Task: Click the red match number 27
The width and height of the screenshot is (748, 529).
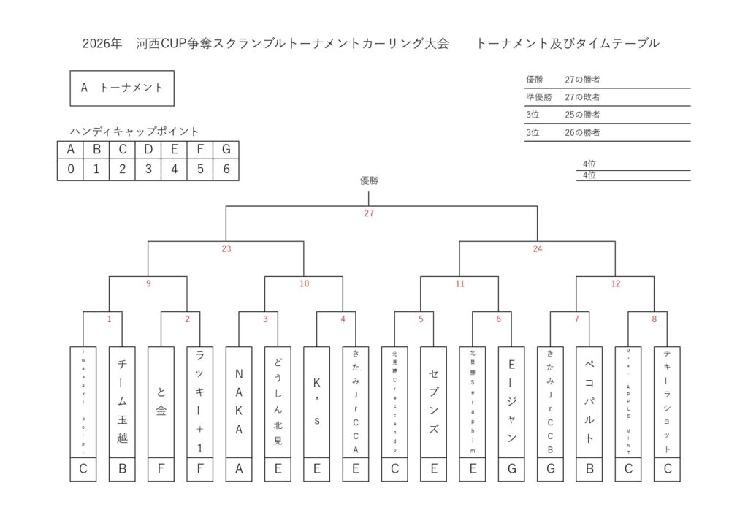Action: pyautogui.click(x=369, y=214)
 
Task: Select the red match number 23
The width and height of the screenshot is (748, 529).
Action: pyautogui.click(x=226, y=249)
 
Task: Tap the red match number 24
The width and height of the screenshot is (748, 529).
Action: pyautogui.click(x=538, y=249)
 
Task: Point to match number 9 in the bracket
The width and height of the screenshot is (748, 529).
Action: pyautogui.click(x=148, y=284)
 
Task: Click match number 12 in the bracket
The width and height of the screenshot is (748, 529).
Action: pyautogui.click(x=615, y=284)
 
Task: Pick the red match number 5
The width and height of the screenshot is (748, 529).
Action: pyautogui.click(x=421, y=319)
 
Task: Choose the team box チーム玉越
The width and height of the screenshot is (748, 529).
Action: pyautogui.click(x=122, y=402)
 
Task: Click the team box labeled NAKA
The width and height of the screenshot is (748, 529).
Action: pyautogui.click(x=239, y=402)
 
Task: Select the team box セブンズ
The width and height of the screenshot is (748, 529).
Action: pyautogui.click(x=434, y=402)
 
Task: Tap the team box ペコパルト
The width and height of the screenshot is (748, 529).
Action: pyautogui.click(x=589, y=402)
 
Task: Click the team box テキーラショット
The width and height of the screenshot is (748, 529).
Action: pyautogui.click(x=667, y=402)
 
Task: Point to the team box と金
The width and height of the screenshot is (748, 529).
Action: pyautogui.click(x=161, y=402)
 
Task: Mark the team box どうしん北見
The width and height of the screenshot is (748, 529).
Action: pyautogui.click(x=278, y=402)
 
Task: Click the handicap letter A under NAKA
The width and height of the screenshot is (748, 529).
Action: pyautogui.click(x=239, y=469)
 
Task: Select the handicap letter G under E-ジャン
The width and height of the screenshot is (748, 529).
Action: pyautogui.click(x=511, y=469)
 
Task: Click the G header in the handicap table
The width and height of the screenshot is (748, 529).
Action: pyautogui.click(x=226, y=150)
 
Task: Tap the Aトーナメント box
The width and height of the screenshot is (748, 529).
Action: pyautogui.click(x=122, y=88)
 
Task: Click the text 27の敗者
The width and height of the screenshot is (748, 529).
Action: pyautogui.click(x=582, y=97)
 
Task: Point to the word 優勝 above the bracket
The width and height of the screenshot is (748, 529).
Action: pyautogui.click(x=369, y=180)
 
